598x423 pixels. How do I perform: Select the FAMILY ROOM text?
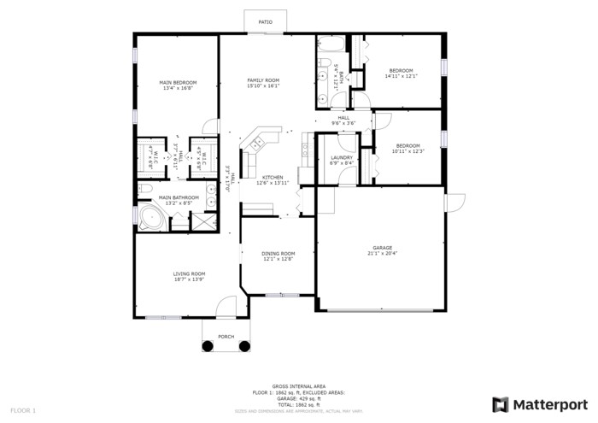pos(263,80)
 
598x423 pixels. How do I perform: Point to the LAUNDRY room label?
pos(330,158)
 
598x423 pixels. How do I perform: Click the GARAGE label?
pos(381,248)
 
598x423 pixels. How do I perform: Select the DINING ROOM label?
pos(278,253)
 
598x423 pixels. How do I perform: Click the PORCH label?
pos(226,337)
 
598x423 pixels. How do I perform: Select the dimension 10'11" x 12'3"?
pos(407,151)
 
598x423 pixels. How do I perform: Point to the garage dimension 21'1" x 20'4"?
pos(381,254)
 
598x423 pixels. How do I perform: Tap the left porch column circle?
pos(208,346)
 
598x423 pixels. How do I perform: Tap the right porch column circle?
pos(244,346)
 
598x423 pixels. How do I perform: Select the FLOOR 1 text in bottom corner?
pos(22,410)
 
